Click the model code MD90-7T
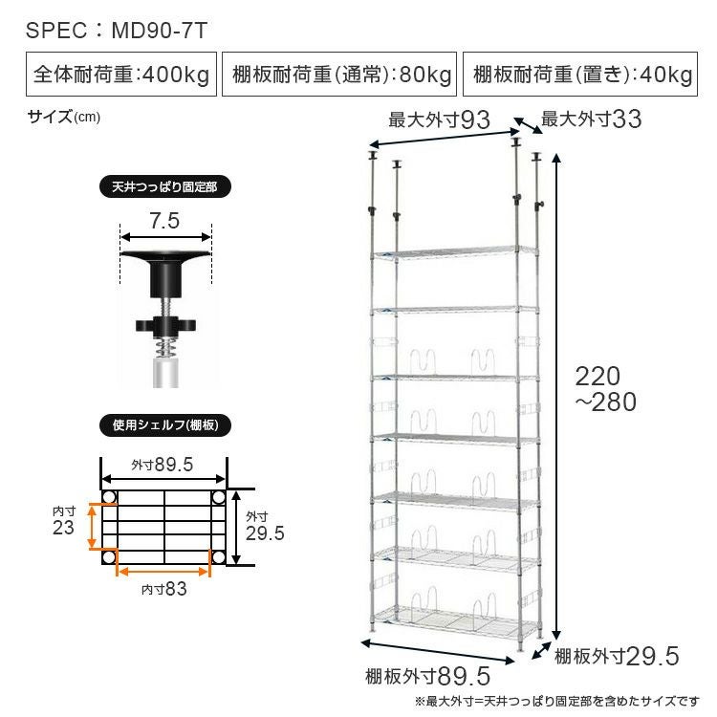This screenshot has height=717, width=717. [160, 31]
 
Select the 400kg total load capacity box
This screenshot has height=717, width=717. [121, 74]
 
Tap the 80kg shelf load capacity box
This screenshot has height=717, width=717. [339, 74]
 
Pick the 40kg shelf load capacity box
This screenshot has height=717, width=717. [580, 74]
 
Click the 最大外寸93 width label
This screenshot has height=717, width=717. [439, 119]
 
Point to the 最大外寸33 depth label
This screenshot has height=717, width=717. [591, 119]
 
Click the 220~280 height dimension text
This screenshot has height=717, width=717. [605, 389]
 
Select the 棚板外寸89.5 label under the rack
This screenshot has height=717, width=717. [427, 676]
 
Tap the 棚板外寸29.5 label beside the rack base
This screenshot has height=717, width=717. [617, 656]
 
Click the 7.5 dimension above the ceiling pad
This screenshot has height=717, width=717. [164, 221]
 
